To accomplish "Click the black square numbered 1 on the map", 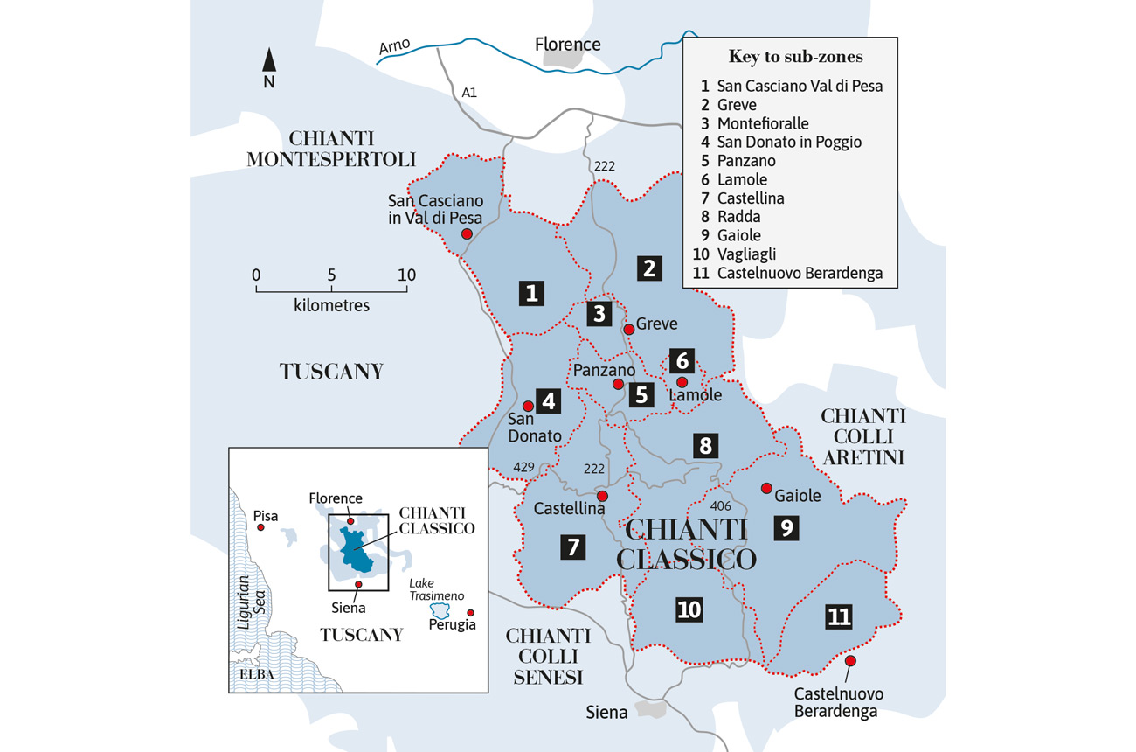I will point(530,293).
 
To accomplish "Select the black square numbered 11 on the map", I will point(838,616).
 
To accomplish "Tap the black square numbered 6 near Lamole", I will point(682,360).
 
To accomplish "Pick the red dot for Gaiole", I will point(766,488).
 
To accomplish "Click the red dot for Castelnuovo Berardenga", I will point(850,661).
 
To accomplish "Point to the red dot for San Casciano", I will point(468,233).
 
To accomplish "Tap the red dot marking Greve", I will point(628,329).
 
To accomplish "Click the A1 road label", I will point(469,92).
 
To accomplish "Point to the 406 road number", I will point(720,505).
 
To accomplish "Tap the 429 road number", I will point(523,468).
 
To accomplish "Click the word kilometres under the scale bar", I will point(331,306).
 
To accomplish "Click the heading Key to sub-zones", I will point(795,57).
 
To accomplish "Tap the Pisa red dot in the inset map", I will point(260,527).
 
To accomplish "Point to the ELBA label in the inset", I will point(257,674).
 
